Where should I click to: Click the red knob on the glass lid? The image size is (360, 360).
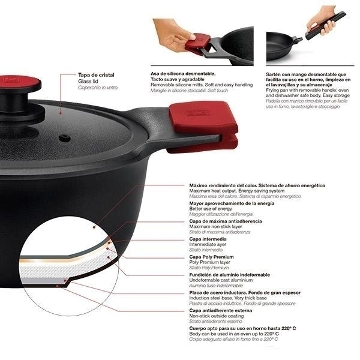pos(20,83)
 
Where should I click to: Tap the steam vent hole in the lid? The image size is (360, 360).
pos(65,138)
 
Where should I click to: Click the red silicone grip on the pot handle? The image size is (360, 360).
pos(204,126)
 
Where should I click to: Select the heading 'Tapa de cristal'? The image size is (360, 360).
pos(96,75)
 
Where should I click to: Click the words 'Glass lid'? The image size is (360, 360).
pos(88,81)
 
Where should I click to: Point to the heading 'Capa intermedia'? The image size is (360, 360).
pos(208,239)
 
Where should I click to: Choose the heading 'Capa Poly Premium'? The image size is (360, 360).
pos(211,257)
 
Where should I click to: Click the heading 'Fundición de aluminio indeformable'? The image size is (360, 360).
pos(230,275)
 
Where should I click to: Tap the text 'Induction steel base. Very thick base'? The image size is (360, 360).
pos(228,298)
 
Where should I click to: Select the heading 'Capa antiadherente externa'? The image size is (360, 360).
pos(220,310)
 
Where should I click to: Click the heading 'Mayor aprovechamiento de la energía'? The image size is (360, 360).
pos(232,203)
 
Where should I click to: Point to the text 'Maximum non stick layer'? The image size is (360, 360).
pos(215,227)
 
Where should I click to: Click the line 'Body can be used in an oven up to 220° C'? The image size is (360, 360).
pos(234,334)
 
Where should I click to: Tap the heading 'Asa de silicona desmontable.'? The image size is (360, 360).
pos(183,74)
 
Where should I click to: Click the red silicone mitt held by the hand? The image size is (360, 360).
pos(198,44)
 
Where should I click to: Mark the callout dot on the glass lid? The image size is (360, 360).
pos(61,113)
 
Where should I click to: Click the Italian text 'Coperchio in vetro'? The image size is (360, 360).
pos(98,88)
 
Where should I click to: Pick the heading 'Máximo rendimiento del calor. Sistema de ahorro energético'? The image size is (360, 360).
pos(257,185)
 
